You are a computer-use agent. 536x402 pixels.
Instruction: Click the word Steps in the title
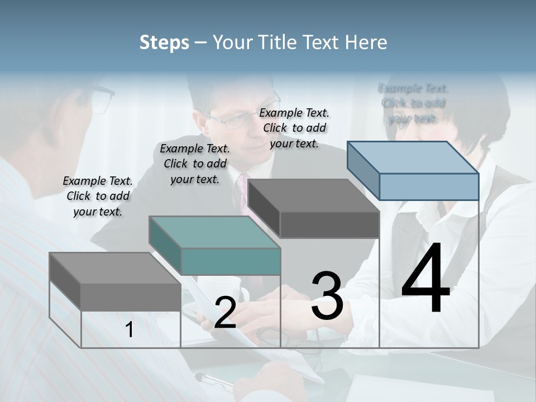[x=164, y=42]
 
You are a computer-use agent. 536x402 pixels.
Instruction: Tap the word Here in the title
[x=366, y=42]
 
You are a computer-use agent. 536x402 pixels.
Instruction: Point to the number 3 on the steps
[x=327, y=295]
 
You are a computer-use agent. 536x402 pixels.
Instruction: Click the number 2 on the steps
[x=225, y=313]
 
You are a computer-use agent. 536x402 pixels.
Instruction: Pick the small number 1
[x=130, y=330]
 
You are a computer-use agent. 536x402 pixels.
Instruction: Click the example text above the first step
[x=98, y=196]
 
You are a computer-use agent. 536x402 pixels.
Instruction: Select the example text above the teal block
[x=195, y=164]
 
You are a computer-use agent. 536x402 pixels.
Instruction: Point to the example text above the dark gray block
[x=294, y=128]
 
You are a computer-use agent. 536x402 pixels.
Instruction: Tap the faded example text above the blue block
[x=413, y=103]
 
